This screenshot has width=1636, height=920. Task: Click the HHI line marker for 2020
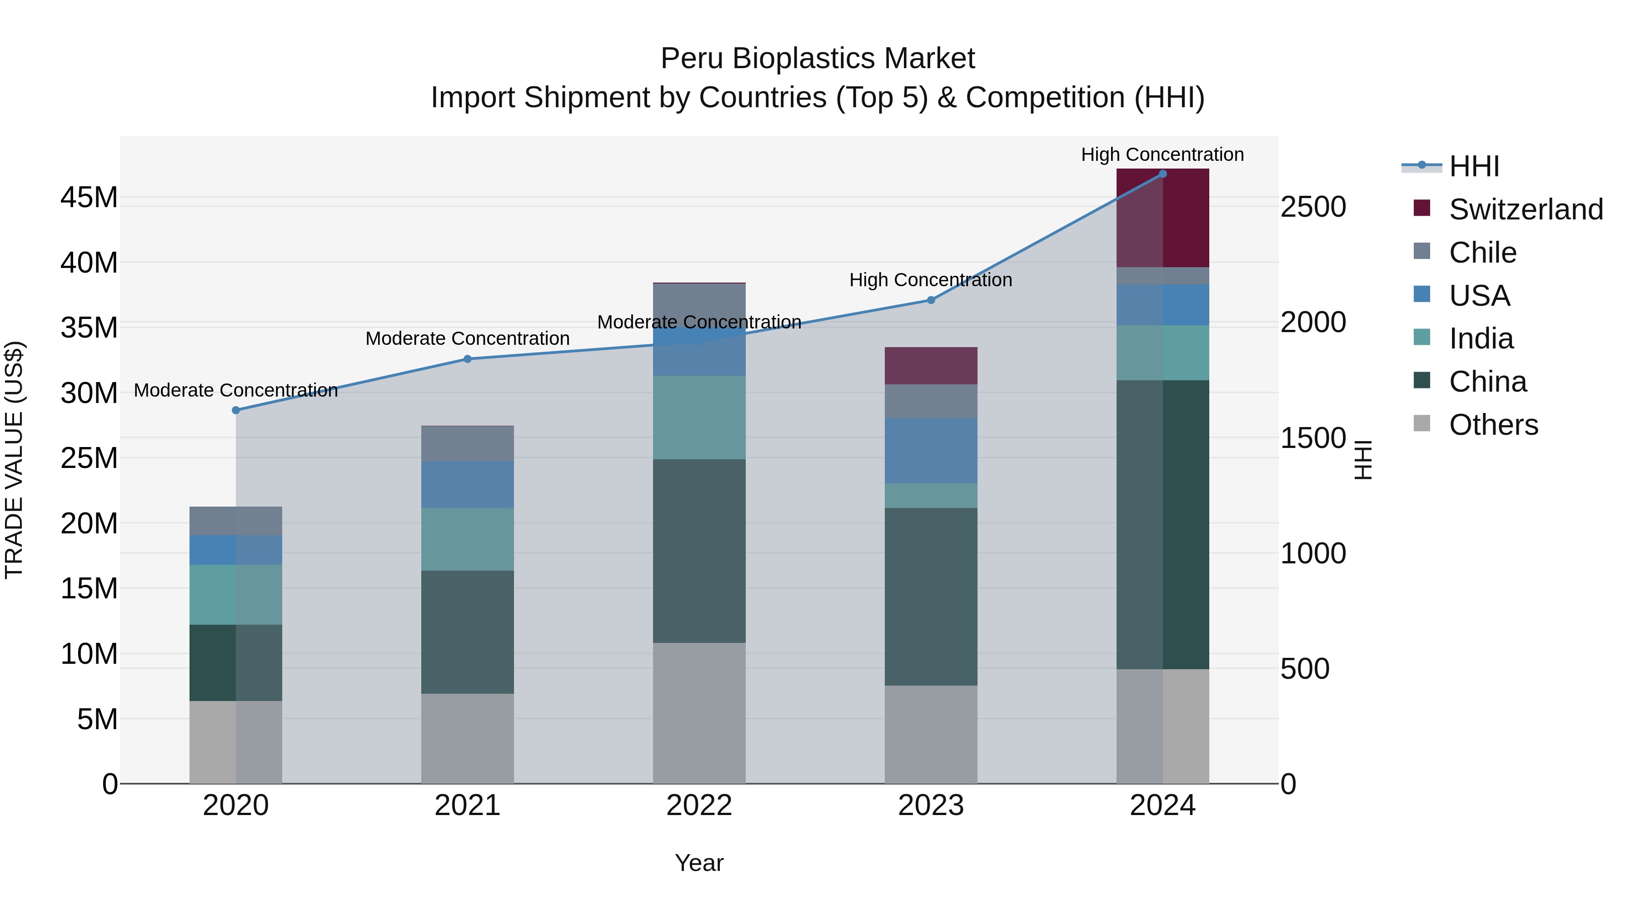tap(235, 410)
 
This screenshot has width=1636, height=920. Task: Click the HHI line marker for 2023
tap(931, 300)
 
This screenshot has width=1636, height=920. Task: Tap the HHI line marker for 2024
tap(1163, 174)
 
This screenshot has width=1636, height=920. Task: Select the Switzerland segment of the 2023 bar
tap(931, 366)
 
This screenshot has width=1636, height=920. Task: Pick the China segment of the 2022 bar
tap(699, 551)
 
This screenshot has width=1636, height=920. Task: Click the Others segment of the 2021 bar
tap(468, 738)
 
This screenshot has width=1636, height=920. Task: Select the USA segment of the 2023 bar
tap(931, 451)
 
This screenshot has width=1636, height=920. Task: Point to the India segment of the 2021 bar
tap(468, 539)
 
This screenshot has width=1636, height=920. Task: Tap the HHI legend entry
tap(1473, 166)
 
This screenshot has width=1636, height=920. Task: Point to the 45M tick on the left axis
tap(89, 198)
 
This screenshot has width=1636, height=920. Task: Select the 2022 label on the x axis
tap(699, 806)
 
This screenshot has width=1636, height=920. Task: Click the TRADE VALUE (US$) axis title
tap(15, 460)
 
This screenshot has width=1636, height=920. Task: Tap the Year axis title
tap(699, 863)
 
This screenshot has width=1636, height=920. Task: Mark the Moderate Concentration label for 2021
tap(468, 338)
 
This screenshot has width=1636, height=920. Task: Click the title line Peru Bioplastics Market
tap(818, 59)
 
